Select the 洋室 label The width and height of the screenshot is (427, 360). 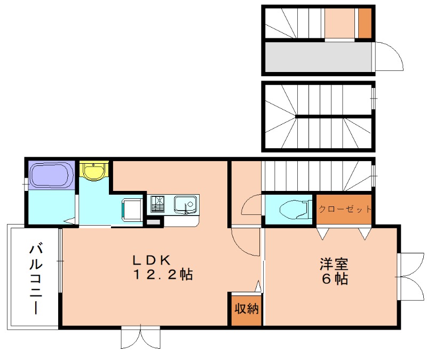click(x=334, y=263)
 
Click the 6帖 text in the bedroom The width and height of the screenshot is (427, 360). click(x=334, y=278)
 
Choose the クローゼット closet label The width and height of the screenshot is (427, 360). click(x=345, y=209)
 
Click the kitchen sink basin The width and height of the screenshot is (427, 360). click(x=185, y=204)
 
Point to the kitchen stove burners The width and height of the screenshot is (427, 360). click(x=159, y=204)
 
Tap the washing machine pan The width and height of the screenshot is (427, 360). click(x=132, y=209)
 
